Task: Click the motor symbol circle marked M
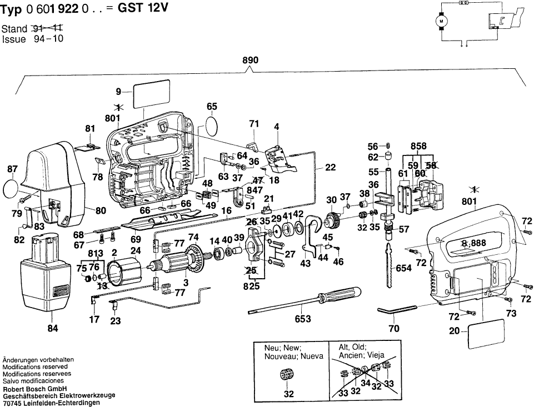[x=443, y=21]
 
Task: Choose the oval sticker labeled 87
[x=12, y=187]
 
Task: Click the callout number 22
[x=331, y=167]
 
